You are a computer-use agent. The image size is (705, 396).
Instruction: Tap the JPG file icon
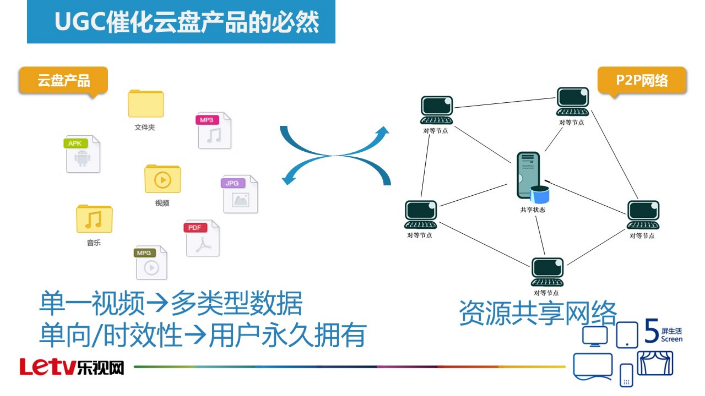(x=240, y=194)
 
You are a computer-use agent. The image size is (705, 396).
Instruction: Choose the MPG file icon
(x=151, y=263)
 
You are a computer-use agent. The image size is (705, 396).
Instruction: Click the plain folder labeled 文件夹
(x=146, y=104)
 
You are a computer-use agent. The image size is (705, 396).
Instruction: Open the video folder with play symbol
(x=163, y=179)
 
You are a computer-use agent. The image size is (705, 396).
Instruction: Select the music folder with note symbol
(x=94, y=219)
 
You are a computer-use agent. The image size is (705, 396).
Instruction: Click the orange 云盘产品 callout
(x=64, y=80)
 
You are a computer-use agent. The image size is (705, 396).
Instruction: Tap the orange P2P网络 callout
(x=641, y=80)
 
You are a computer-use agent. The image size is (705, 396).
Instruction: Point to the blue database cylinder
(x=539, y=194)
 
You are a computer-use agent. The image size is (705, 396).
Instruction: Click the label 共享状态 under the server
(x=532, y=210)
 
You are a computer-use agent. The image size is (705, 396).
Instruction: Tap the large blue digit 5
(x=651, y=331)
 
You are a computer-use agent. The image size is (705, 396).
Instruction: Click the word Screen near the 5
(x=671, y=339)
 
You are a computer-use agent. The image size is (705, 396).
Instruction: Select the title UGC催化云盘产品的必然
(x=187, y=22)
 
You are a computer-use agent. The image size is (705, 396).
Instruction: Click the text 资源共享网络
(x=537, y=313)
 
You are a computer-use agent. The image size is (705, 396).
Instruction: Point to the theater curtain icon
(x=655, y=363)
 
